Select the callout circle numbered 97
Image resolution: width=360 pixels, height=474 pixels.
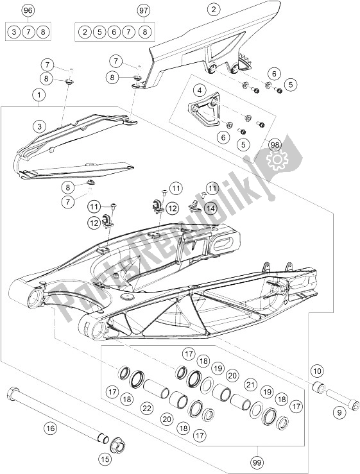143,10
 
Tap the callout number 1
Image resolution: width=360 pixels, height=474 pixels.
39,95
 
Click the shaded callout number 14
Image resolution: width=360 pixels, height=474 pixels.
211,208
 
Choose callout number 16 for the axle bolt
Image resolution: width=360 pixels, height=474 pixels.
50,428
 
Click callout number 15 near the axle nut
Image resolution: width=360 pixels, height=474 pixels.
105,459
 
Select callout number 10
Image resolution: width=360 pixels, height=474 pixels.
317,371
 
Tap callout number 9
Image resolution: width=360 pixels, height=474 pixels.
339,412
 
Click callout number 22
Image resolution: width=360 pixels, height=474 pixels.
147,409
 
